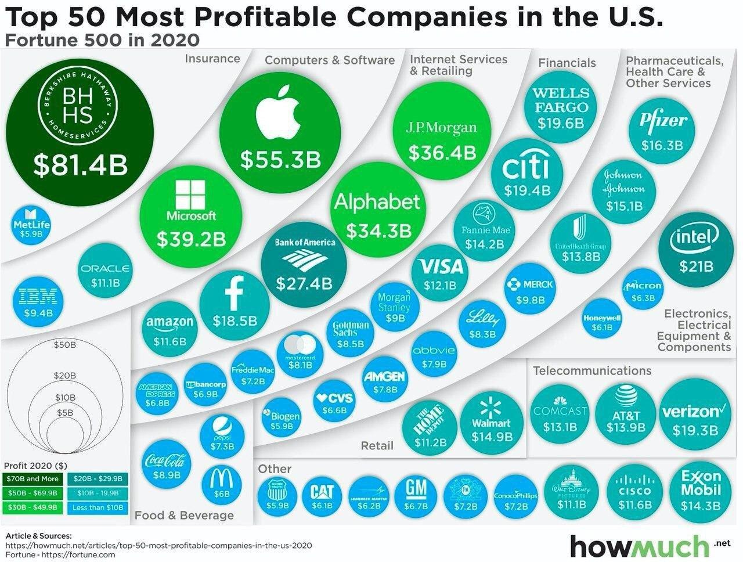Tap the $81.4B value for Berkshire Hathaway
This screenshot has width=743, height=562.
click(80, 164)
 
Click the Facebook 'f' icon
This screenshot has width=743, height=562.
click(234, 292)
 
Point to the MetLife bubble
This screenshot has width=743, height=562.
click(31, 224)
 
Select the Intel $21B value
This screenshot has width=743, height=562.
click(697, 266)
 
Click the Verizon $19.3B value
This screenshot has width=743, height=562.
click(695, 430)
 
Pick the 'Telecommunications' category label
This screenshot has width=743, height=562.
click(592, 370)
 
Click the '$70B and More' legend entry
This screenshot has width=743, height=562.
click(34, 479)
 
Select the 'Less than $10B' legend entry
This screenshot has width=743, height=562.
click(98, 507)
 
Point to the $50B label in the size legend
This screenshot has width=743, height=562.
click(64, 344)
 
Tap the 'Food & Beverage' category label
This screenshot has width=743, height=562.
click(184, 515)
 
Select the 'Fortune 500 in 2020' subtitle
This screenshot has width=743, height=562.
click(103, 40)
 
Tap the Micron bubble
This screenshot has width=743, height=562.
click(643, 290)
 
